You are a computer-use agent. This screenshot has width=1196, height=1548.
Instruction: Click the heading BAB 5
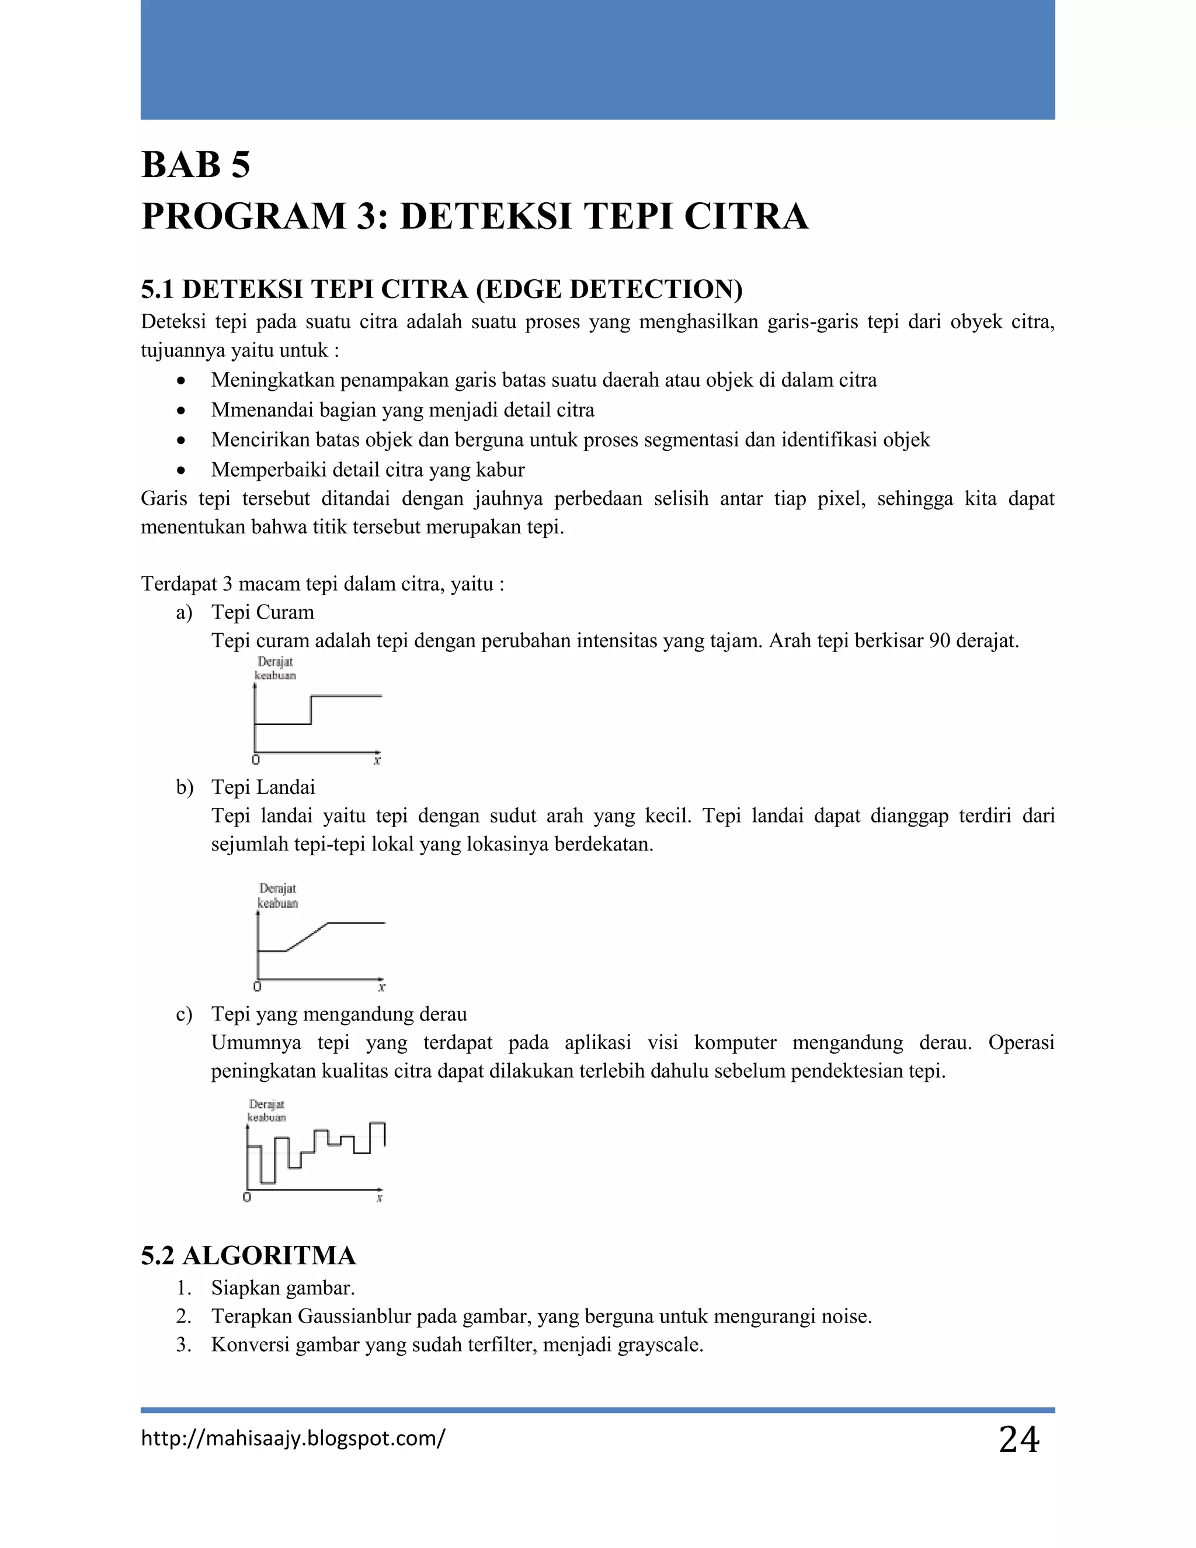point(196,165)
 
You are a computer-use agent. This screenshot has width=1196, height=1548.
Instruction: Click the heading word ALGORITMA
point(269,1256)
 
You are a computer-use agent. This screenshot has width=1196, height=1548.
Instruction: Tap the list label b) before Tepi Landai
point(184,787)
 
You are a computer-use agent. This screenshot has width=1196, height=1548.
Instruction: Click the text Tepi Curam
point(262,612)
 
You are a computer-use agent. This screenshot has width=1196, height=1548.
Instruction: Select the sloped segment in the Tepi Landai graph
point(307,937)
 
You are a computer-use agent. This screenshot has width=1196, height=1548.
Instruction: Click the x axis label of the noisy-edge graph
point(379,1199)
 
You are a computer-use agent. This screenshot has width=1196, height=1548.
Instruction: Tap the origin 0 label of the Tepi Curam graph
point(256,761)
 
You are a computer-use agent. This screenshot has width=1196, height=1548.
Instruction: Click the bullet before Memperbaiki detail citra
point(182,470)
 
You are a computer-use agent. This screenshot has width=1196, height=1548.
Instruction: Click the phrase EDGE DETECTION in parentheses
point(609,289)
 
